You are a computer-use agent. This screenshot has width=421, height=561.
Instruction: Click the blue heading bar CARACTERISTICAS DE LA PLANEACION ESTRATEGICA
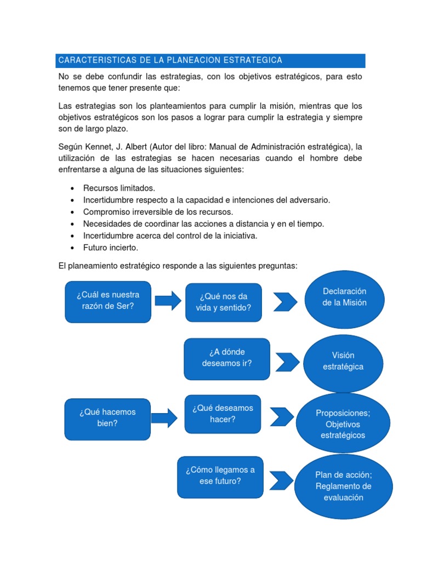point(211,60)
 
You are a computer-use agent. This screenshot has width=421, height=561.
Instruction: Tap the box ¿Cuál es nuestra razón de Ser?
point(108,301)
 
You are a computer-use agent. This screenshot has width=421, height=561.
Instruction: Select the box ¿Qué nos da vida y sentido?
point(223,302)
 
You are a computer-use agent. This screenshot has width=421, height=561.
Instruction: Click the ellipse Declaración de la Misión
point(344,297)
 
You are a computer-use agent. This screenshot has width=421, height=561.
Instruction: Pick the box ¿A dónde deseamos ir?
point(227,359)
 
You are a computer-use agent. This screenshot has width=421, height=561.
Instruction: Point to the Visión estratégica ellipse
point(343,361)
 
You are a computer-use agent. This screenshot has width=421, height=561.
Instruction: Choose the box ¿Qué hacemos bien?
point(107,419)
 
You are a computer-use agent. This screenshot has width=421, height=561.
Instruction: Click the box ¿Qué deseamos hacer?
point(223,414)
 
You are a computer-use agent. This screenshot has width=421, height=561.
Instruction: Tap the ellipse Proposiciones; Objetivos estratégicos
point(343,423)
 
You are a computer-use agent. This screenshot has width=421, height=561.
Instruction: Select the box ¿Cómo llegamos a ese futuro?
point(220,477)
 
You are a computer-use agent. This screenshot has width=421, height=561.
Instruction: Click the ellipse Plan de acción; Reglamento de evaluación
point(344,486)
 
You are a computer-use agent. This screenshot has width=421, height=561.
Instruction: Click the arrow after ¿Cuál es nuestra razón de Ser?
point(168,300)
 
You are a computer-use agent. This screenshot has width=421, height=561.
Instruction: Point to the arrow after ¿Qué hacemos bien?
point(164,419)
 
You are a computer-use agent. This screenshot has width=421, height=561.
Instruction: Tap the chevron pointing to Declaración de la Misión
point(285,301)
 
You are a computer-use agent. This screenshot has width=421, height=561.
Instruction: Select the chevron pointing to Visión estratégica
point(288,362)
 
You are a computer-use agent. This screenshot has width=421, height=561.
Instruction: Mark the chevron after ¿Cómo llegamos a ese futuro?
point(282,480)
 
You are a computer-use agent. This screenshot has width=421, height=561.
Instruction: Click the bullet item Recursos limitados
point(119,188)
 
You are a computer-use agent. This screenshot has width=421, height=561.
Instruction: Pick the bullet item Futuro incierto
point(111,248)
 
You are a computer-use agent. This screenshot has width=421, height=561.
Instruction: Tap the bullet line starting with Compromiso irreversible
point(158,212)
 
